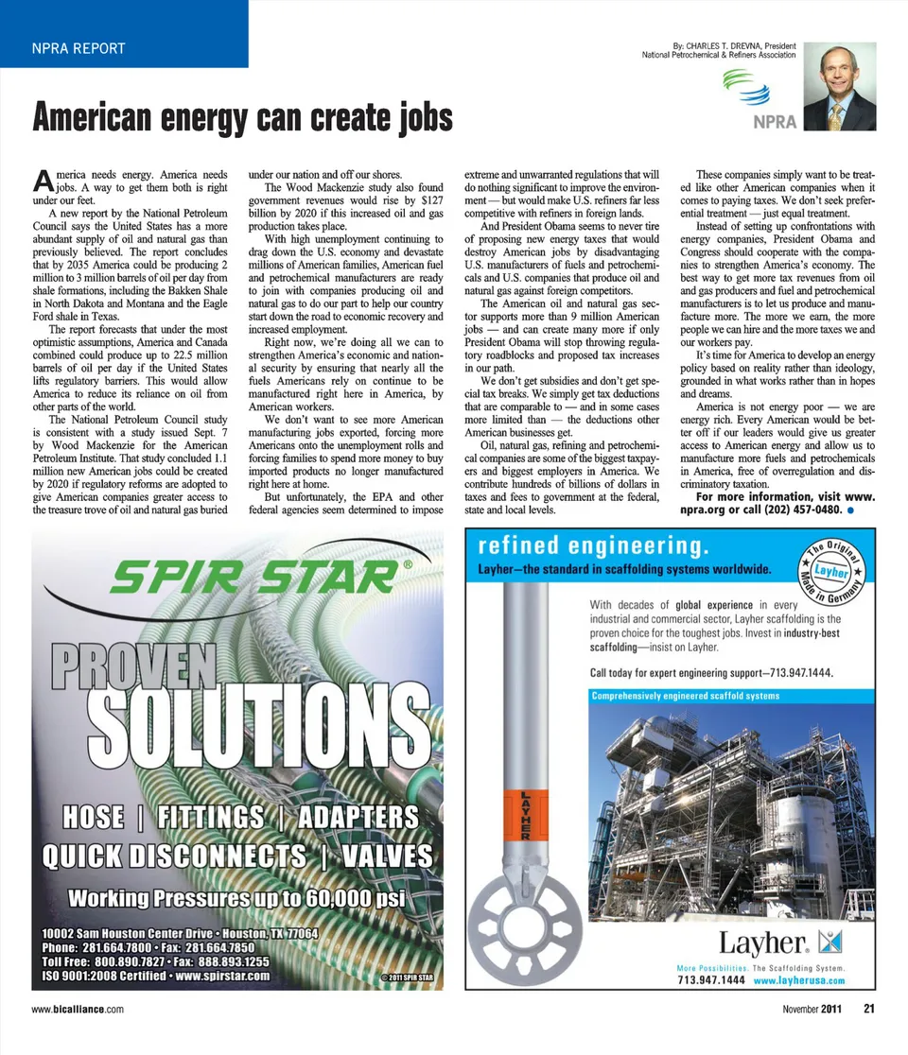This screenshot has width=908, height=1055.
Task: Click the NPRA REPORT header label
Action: (78, 48)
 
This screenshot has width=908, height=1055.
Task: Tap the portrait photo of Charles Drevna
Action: (840, 86)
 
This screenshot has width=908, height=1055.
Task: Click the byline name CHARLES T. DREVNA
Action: (726, 45)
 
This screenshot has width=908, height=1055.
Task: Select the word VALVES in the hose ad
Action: (382, 856)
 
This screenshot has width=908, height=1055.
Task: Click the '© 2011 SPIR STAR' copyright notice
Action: (405, 977)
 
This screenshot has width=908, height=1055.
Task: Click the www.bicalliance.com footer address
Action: (78, 1010)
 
